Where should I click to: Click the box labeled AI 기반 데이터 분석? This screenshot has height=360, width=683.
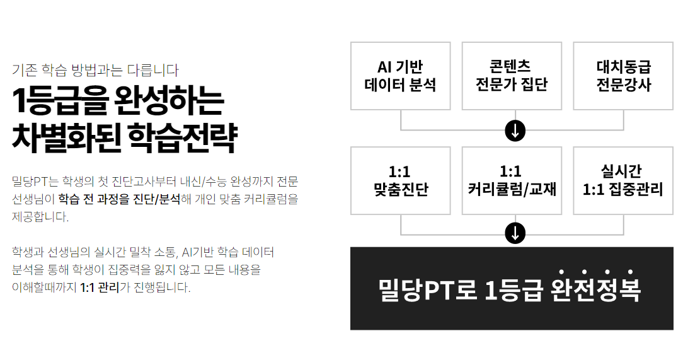pos(401,76)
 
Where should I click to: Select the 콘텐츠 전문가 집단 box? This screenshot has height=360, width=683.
pos(512,76)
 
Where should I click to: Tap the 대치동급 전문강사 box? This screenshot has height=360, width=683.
pos(623,76)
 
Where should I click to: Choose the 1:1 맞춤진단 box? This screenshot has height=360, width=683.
pos(401,180)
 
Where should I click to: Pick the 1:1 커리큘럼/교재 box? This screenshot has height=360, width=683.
pos(512,180)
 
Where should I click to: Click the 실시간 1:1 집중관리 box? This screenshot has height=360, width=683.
pos(623,180)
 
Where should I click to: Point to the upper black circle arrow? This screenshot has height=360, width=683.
pos(515,131)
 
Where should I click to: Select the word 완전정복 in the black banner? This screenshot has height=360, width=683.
pos(595,290)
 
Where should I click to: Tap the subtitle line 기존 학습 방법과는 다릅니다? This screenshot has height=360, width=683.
pos(95,70)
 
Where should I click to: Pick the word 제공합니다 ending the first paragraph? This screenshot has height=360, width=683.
pos(40,218)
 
